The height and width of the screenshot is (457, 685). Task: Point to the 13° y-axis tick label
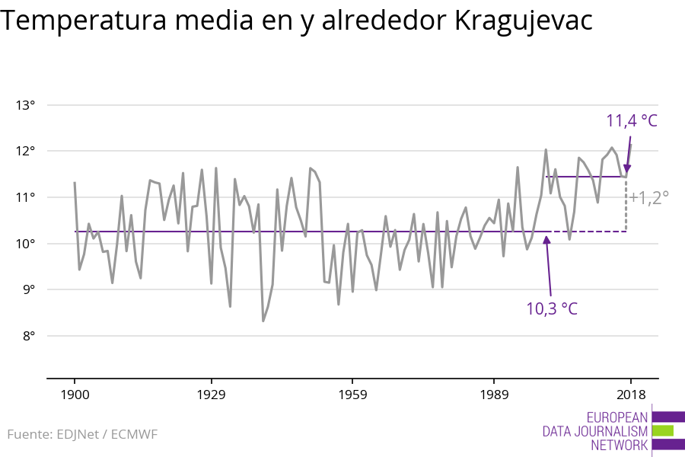pyautogui.click(x=26, y=105)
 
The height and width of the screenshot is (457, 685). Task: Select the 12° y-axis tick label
pyautogui.click(x=26, y=151)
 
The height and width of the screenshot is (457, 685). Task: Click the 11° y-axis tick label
pyautogui.click(x=26, y=197)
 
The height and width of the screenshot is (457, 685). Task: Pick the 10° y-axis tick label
pyautogui.click(x=26, y=244)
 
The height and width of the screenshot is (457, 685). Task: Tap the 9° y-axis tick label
pyautogui.click(x=28, y=289)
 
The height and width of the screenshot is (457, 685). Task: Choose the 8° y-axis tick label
pyautogui.click(x=28, y=336)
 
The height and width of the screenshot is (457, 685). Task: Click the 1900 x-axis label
pyautogui.click(x=75, y=395)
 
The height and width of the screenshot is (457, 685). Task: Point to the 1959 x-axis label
pyautogui.click(x=352, y=395)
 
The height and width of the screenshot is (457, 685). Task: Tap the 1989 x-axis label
pyautogui.click(x=494, y=395)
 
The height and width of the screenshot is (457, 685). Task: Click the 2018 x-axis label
pyautogui.click(x=630, y=395)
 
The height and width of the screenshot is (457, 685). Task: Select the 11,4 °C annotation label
pyautogui.click(x=631, y=121)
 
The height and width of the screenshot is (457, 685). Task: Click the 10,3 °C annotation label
pyautogui.click(x=552, y=308)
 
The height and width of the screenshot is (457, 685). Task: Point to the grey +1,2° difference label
pyautogui.click(x=648, y=198)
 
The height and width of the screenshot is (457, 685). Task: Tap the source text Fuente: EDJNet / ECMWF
pyautogui.click(x=82, y=435)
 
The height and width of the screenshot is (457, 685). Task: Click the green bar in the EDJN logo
pyautogui.click(x=663, y=431)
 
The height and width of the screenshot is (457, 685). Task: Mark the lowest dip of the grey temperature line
pyautogui.click(x=263, y=321)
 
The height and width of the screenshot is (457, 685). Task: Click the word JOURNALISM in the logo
pyautogui.click(x=595, y=432)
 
